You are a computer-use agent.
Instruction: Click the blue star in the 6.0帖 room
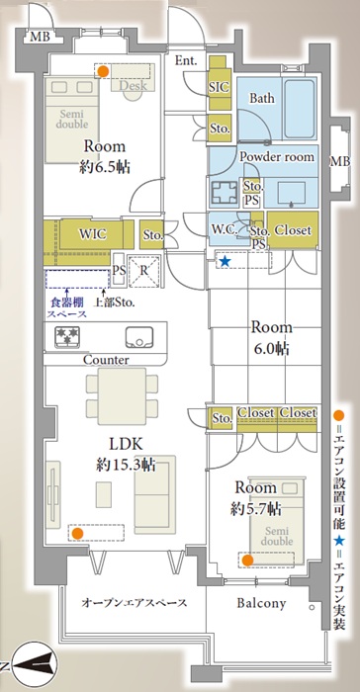coord(225,261)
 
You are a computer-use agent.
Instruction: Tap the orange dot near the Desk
coord(103,71)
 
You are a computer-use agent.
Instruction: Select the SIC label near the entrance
coord(220,87)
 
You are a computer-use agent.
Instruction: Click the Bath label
coord(261,98)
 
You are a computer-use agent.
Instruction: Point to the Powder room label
coord(277,156)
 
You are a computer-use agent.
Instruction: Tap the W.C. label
coord(225,230)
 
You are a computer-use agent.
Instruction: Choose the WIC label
coord(93,234)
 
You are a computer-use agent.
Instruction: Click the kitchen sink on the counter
coord(139,338)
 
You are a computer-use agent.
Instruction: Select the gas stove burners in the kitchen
coord(67,336)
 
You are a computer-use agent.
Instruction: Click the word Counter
coord(106,360)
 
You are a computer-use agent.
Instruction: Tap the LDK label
coord(125,444)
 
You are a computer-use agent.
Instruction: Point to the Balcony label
coord(261,603)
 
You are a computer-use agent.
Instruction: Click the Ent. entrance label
coord(186,61)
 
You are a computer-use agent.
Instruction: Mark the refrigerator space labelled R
coord(144,271)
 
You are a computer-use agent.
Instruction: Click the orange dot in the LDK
coord(77,533)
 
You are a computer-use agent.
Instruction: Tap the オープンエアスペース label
coord(134,603)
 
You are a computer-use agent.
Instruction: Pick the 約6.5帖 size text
coord(105,167)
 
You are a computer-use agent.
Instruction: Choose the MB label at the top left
coord(42,38)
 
